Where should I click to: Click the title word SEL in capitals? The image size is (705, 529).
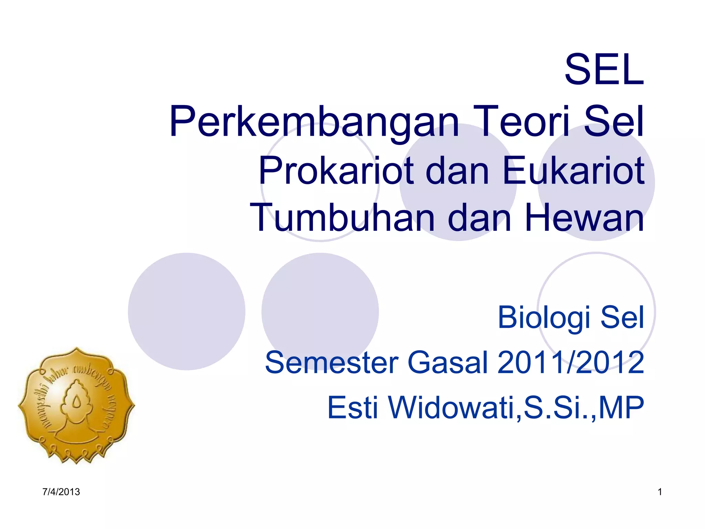pos(604,70)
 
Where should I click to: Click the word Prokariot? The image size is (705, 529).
pos(336,170)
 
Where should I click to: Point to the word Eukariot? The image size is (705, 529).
pos(573,170)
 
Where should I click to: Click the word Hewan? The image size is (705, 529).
pos(584,218)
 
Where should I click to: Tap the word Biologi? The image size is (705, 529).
pos(544,318)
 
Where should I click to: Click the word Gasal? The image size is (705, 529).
pos(447,362)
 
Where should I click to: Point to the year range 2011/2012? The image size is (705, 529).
pos(570,362)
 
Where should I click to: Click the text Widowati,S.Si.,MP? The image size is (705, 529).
pos(516,408)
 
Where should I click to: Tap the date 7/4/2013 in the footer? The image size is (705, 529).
pos(61,492)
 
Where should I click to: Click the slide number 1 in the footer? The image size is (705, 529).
pos(660,492)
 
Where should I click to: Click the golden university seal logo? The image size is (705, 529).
pos(76,405)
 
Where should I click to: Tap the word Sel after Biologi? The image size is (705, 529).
pos(622,318)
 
